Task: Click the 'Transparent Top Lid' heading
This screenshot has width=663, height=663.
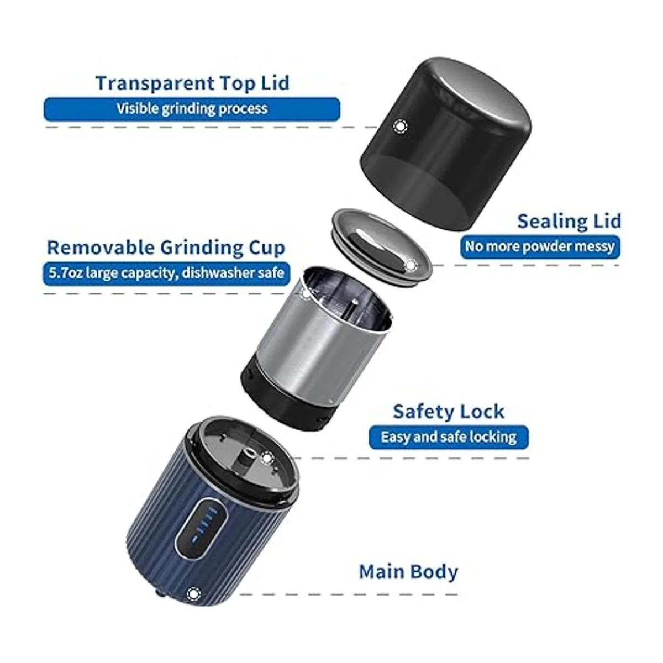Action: [x=193, y=83]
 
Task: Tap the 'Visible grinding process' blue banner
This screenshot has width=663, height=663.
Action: [x=192, y=109]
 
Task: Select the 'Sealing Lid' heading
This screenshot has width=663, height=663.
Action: [x=569, y=221]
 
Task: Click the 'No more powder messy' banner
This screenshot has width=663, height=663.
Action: [x=540, y=246]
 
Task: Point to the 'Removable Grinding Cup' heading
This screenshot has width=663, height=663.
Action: [x=166, y=248]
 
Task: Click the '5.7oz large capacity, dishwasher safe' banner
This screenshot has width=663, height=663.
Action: [x=166, y=273]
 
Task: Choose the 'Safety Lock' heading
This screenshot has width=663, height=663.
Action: [x=449, y=412]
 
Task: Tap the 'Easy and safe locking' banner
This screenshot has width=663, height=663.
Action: [x=449, y=437]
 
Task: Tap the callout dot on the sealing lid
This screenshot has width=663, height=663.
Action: [x=411, y=265]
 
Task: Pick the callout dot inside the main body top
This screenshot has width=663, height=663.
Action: [x=267, y=458]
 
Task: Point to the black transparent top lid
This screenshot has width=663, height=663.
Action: [x=445, y=143]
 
